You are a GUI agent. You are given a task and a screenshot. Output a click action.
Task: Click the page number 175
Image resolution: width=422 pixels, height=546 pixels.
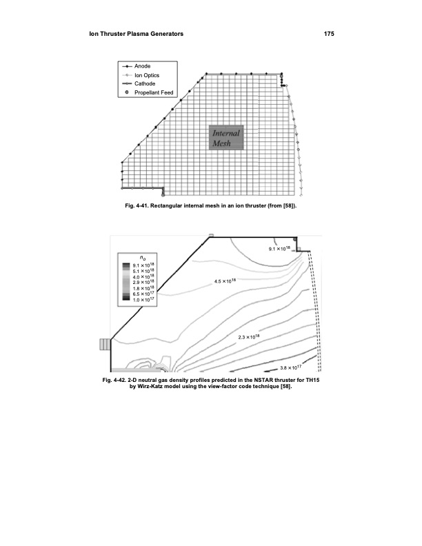point(329,34)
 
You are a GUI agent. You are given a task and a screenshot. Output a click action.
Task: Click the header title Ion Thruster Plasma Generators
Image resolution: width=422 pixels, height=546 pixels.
point(136,34)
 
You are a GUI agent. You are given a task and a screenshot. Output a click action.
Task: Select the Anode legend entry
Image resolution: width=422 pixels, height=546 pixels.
point(136,65)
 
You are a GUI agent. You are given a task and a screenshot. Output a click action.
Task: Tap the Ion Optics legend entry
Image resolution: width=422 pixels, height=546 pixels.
point(140,75)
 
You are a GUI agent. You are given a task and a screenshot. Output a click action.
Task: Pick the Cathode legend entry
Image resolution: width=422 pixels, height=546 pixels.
point(138,83)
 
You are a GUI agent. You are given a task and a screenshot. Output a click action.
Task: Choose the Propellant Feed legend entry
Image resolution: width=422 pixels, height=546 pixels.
point(150,92)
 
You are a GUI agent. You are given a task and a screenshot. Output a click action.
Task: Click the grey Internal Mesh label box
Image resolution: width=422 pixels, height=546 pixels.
point(226,138)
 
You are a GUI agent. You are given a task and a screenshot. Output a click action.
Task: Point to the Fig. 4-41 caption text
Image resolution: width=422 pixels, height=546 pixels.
point(210,205)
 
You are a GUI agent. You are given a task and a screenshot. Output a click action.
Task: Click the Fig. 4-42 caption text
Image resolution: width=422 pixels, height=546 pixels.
point(210,383)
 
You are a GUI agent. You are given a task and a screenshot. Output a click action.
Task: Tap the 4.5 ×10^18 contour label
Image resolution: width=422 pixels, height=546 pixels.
point(225,281)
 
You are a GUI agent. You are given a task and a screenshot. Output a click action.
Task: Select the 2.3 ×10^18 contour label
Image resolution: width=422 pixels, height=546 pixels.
point(249,336)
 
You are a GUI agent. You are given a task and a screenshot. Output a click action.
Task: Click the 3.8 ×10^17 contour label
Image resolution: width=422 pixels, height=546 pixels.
point(291,367)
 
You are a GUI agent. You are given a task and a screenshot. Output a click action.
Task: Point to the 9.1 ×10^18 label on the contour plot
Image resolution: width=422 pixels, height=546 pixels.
point(279,249)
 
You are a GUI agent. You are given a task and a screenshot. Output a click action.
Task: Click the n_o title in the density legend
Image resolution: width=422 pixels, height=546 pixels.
point(143,258)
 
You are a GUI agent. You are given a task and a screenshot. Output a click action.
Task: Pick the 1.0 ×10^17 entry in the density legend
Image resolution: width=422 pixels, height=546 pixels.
point(143,299)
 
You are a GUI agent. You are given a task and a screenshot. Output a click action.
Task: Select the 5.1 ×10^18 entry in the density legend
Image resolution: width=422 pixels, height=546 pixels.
point(143,270)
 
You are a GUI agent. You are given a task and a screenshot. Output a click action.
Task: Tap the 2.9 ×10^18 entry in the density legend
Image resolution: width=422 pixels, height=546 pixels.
point(143,282)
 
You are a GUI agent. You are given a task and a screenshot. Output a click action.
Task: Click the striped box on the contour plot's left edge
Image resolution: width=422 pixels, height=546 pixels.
point(105,344)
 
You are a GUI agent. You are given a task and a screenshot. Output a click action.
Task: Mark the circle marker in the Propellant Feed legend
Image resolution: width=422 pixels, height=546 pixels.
point(127,92)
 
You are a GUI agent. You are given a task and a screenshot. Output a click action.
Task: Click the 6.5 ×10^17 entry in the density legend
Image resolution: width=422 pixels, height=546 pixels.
point(143,294)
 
